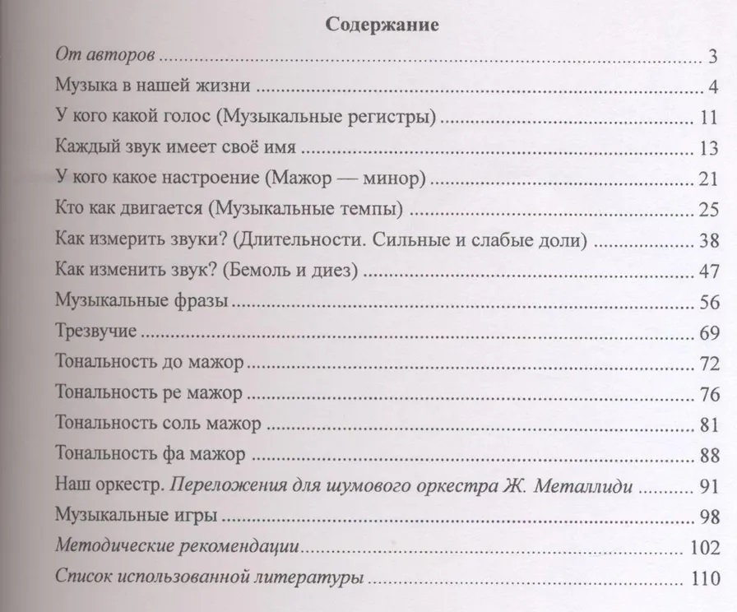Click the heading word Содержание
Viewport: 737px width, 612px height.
coord(382,25)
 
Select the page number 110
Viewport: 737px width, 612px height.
coord(706,577)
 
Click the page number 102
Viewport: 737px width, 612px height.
coord(706,547)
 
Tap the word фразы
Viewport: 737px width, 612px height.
coord(197,302)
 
